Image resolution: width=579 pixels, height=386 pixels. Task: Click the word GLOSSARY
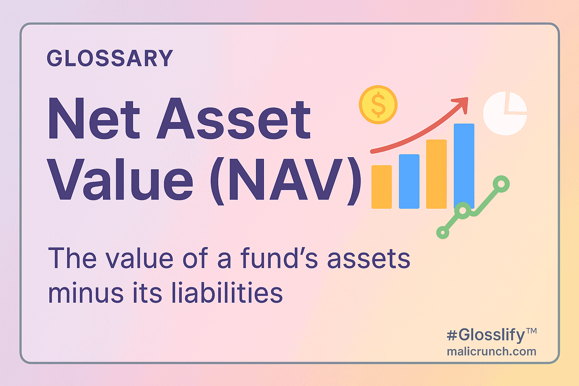pos(110,58)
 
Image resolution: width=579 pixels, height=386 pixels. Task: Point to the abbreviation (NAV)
pos(286,181)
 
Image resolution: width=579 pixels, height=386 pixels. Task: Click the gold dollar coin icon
pos(378,105)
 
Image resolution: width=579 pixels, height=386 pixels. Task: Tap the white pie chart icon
pos(505,113)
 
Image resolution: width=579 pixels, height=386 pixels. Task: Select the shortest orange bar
pos(381,187)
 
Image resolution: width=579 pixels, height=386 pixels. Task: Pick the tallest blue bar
pos(464,166)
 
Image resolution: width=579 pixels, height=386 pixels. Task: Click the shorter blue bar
pos(409,181)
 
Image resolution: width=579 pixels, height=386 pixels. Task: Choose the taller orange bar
pos(436,174)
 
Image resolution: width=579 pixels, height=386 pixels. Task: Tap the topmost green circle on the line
pos(501,184)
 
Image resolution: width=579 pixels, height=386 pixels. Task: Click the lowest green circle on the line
pos(443,233)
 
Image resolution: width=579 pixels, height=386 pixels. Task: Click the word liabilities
pos(227,292)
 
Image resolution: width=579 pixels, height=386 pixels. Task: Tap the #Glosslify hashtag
pos(486,335)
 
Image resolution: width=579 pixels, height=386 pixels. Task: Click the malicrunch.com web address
pos(492,352)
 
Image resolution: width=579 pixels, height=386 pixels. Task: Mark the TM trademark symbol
pos(532,331)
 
